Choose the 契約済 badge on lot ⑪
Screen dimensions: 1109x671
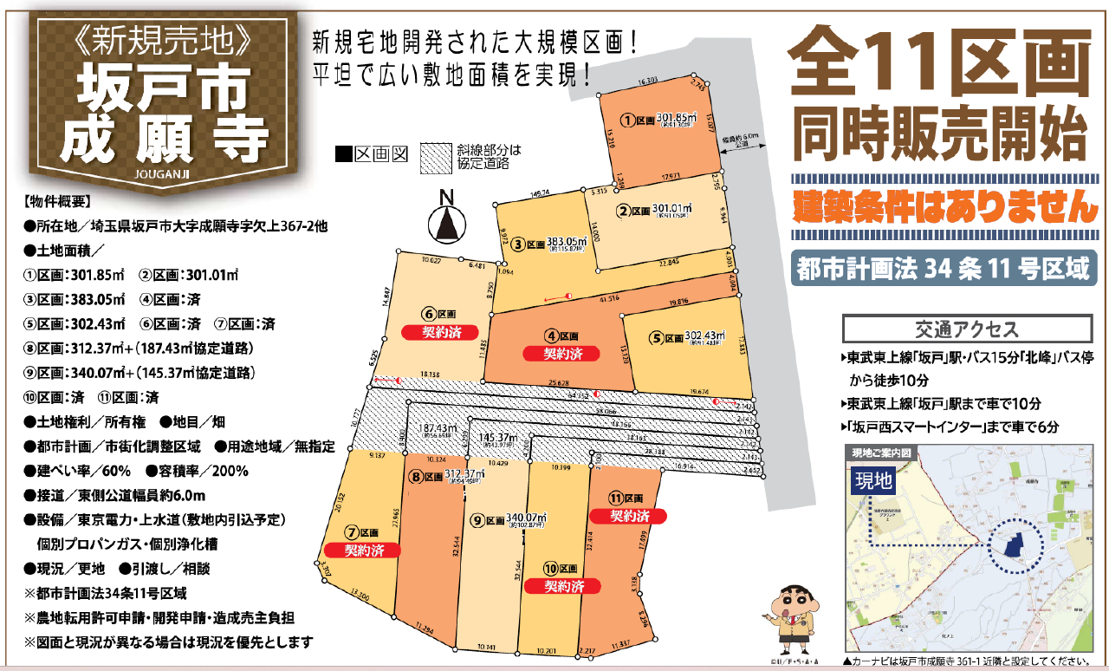click(628, 516)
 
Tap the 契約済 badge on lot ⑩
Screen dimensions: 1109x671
click(563, 586)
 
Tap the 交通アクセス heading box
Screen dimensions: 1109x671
click(966, 329)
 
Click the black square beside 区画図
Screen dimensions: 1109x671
click(343, 156)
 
